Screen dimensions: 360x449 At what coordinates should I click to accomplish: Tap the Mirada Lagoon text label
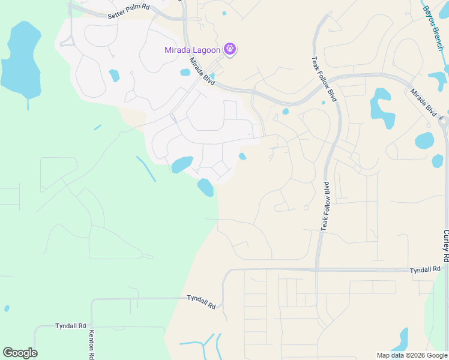[192, 50]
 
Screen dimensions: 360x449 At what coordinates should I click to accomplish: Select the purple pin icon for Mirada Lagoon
[230, 49]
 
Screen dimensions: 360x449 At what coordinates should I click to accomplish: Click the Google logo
[20, 352]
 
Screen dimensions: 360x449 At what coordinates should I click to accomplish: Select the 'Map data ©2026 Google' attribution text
[411, 355]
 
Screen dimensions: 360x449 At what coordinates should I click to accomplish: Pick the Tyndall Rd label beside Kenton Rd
[71, 326]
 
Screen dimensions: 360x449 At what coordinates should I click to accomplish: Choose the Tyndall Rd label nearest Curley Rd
[425, 271]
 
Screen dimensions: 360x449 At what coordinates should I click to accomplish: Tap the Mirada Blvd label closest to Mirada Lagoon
[202, 70]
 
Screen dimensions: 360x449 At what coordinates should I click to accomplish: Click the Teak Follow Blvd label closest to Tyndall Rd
[325, 206]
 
